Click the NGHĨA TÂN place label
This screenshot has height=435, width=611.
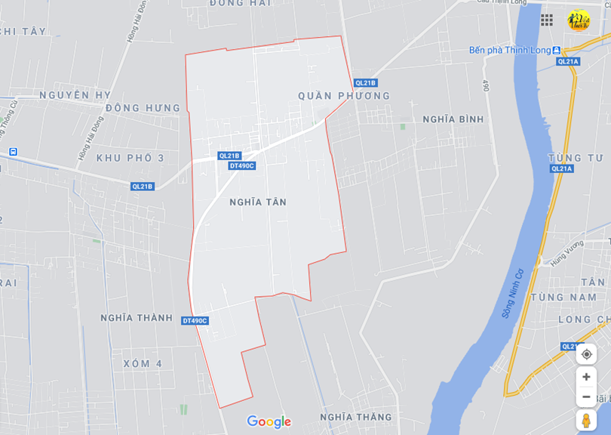257,202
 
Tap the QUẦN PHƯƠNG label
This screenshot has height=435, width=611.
344,96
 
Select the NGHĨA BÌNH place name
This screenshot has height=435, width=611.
453,119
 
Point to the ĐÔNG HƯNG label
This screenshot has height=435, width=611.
143,108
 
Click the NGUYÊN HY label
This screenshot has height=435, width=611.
75,95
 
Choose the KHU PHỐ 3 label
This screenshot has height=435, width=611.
130,158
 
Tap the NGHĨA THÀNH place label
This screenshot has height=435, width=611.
137,318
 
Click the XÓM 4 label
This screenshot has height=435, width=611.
143,363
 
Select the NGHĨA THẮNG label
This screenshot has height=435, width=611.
355,417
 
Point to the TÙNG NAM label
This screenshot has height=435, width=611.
563,298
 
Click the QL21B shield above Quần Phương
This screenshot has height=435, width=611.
364,83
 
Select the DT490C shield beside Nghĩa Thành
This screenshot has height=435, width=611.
195,321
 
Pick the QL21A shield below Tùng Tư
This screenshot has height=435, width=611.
562,169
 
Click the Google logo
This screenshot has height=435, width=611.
269,421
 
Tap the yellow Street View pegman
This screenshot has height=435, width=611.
586,420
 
